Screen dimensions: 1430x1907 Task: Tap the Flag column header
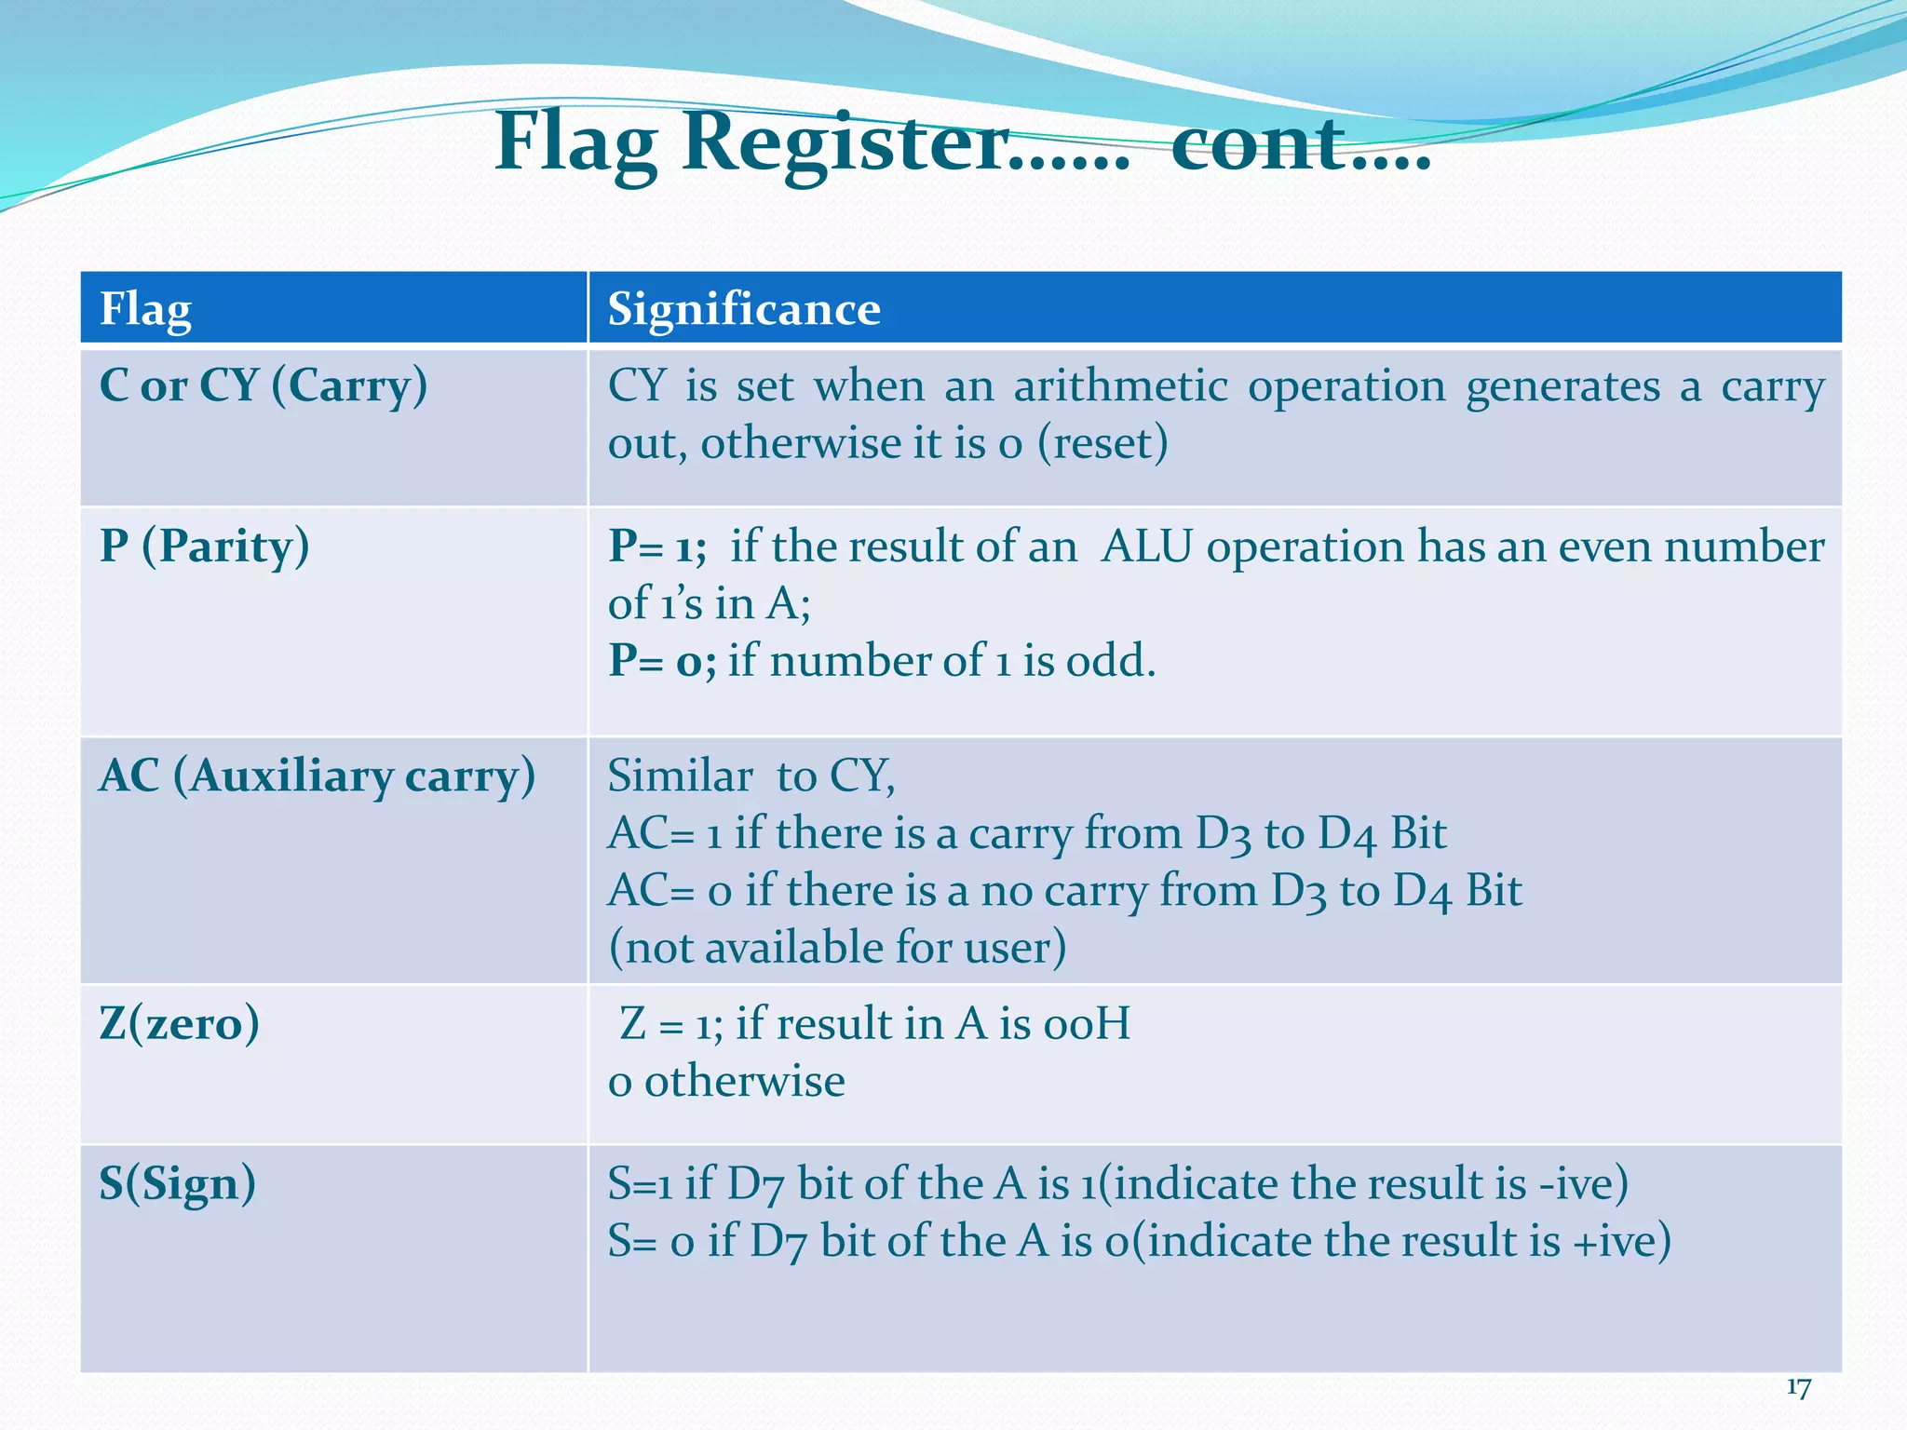click(145, 309)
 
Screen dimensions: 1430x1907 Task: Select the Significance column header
click(743, 309)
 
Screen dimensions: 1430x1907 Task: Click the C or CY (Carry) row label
click(263, 385)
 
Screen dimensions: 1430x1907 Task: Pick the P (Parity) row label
click(204, 546)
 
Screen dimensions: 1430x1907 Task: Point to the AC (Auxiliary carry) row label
click(317, 776)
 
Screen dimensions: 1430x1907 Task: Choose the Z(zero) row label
click(179, 1023)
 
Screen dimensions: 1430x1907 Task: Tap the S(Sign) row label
click(177, 1183)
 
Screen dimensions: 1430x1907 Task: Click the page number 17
click(1798, 1388)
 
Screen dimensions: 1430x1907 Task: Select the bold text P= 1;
click(657, 546)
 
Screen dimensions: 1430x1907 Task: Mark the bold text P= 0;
click(662, 661)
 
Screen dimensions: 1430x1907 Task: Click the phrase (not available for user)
click(836, 948)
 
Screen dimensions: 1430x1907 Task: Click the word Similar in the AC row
click(680, 776)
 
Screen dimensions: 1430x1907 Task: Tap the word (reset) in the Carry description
click(1102, 443)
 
